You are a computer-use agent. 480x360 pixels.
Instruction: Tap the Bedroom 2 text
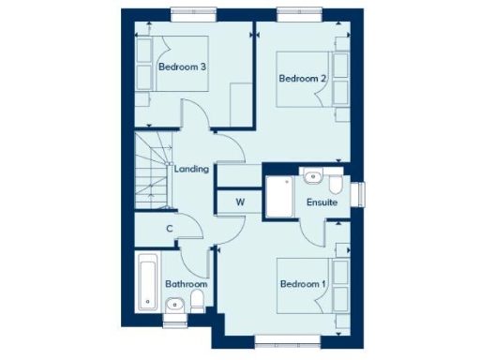[x=302, y=79]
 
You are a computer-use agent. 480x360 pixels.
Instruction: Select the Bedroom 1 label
[x=302, y=283]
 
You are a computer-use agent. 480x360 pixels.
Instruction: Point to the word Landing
[x=191, y=169]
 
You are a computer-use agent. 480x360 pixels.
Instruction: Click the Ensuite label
[x=322, y=202]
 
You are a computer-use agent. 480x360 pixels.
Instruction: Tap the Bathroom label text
[x=186, y=283]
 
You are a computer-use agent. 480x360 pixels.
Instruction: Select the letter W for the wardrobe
[x=240, y=202]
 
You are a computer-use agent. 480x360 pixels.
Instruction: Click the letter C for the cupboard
[x=170, y=228]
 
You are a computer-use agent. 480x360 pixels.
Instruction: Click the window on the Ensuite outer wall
[x=365, y=192]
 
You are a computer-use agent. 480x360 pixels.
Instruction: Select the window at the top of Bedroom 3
[x=196, y=13]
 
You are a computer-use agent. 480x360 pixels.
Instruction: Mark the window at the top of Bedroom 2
[x=303, y=13]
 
